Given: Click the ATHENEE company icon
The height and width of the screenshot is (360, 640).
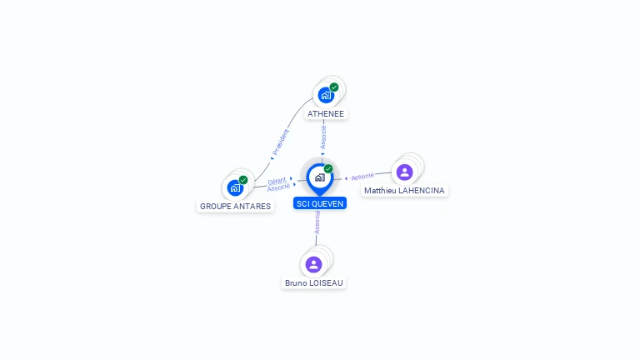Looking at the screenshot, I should click(x=326, y=94).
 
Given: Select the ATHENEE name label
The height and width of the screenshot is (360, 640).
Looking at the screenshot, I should click(x=325, y=113).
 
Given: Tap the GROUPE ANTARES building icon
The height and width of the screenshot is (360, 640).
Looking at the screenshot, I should click(x=235, y=187).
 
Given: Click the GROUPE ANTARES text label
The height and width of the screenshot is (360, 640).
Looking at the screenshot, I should click(x=235, y=206).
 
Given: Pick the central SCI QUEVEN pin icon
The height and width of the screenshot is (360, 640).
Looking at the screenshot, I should click(x=319, y=177).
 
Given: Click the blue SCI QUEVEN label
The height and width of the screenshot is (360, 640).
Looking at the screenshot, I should click(x=320, y=203).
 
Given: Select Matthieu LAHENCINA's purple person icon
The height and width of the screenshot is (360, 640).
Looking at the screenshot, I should click(x=404, y=172).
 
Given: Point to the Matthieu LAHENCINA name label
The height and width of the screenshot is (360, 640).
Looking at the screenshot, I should click(x=405, y=191).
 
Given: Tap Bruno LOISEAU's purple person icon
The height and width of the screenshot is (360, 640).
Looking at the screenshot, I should click(x=313, y=264).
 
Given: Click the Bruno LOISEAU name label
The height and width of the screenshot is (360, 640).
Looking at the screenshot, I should click(x=313, y=282).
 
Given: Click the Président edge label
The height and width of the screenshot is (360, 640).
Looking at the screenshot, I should click(x=281, y=142).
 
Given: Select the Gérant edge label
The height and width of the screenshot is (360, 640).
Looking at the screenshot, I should click(x=277, y=181).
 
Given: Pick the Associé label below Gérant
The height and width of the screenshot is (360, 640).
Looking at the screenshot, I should click(x=278, y=187).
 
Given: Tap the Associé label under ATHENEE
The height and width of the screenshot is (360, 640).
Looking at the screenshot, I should click(x=323, y=137).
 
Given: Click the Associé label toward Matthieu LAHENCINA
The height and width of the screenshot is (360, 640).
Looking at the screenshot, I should click(x=362, y=177).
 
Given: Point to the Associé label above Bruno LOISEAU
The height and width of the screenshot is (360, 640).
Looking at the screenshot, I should click(x=317, y=222).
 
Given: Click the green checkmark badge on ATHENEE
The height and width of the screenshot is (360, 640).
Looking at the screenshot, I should click(x=334, y=87).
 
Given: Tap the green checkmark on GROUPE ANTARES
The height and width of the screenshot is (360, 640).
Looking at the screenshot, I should click(x=243, y=180).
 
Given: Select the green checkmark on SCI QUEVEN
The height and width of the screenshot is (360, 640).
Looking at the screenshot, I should click(x=328, y=168).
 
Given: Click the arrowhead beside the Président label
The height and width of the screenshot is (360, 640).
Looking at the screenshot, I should click(x=272, y=157).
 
